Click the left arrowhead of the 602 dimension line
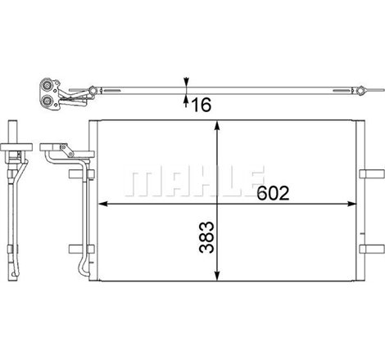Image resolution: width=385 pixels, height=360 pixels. [x=102, y=203]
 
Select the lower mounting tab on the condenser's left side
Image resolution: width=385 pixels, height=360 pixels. [x=75, y=249]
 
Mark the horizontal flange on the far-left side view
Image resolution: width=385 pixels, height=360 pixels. [x=16, y=150]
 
